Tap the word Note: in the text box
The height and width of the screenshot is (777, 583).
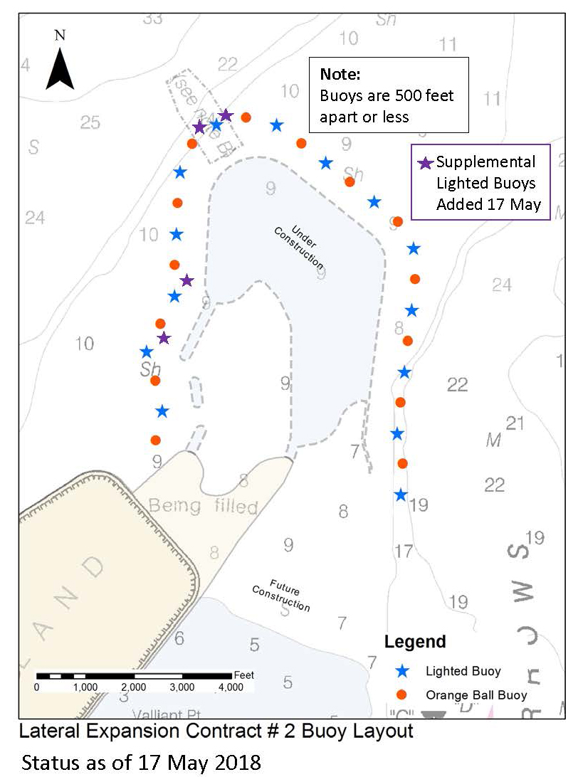(x=341, y=74)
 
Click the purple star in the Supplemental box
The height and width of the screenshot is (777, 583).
(x=425, y=163)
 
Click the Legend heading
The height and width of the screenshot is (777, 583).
(x=415, y=641)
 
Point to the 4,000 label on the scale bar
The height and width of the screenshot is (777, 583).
(x=229, y=687)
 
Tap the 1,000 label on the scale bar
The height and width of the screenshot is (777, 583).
(x=85, y=687)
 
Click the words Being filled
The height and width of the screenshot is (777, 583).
(x=203, y=507)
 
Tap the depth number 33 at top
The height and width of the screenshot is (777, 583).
(x=152, y=18)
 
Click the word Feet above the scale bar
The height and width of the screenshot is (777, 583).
(x=243, y=675)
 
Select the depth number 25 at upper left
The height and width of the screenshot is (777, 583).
(x=90, y=122)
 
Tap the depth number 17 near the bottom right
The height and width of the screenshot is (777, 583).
(x=404, y=551)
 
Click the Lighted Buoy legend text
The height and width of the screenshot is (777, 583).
(x=463, y=671)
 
